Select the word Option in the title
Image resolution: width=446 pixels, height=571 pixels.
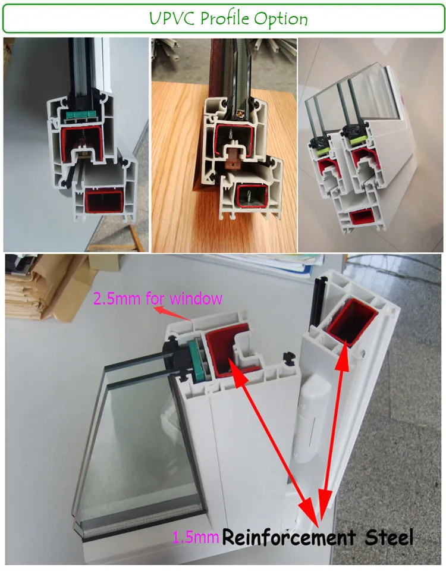tap(280, 20)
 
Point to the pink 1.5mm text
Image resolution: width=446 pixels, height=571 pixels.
tap(196, 538)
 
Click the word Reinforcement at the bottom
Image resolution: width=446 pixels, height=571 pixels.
tap(288, 538)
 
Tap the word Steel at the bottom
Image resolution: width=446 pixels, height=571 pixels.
tap(388, 538)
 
